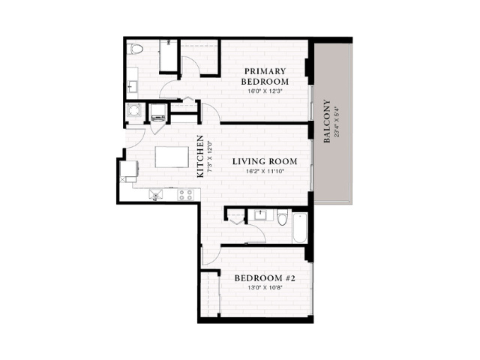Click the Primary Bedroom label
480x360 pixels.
click(x=265, y=76)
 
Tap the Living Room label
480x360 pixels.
click(x=265, y=161)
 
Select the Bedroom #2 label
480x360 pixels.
click(x=265, y=278)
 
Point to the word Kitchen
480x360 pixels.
click(x=200, y=157)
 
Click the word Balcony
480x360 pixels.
click(x=327, y=121)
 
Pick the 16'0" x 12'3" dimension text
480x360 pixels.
click(x=265, y=91)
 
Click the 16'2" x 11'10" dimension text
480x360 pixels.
click(x=265, y=171)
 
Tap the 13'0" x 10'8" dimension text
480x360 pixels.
click(x=265, y=287)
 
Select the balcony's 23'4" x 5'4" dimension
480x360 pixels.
click(x=337, y=121)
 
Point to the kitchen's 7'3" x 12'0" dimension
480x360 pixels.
click(x=210, y=157)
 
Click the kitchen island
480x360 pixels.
click(x=172, y=157)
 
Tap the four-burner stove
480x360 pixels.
click(x=186, y=195)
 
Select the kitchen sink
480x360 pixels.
click(x=156, y=195)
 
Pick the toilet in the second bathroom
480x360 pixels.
click(x=282, y=217)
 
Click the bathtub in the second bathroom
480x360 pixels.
click(x=300, y=228)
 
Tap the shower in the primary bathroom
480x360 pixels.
click(x=168, y=56)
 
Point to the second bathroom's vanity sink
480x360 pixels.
click(x=263, y=215)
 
